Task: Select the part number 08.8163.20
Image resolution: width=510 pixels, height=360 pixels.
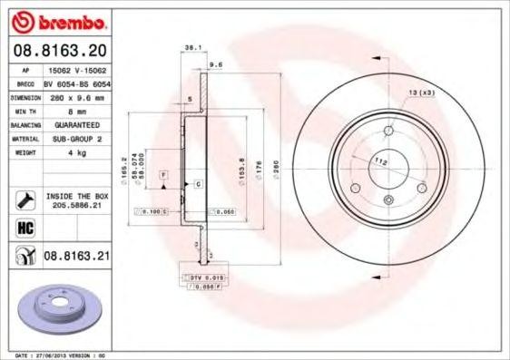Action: coord(62,53)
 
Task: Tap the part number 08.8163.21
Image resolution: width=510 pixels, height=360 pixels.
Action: coord(76,258)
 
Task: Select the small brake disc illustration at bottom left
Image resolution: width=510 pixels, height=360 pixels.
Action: coord(58,307)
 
